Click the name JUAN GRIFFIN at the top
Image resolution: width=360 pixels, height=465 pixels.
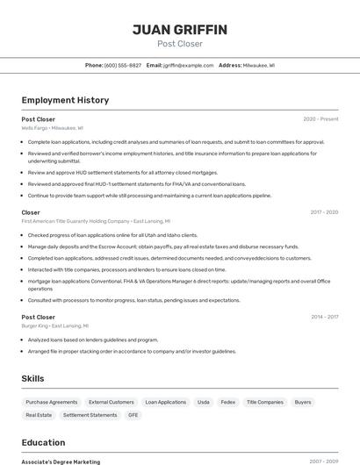click(x=179, y=30)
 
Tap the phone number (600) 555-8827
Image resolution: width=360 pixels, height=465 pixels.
click(x=122, y=65)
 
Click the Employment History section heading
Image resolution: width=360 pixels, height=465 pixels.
click(x=65, y=100)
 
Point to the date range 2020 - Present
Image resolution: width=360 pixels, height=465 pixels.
click(x=320, y=119)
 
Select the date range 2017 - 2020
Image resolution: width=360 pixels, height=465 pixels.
click(x=323, y=212)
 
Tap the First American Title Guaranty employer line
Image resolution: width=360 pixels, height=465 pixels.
click(x=96, y=221)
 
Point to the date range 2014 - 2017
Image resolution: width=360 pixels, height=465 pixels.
click(x=324, y=317)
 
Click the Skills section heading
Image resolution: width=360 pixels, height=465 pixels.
click(x=33, y=378)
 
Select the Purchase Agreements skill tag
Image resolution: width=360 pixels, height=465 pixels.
click(x=51, y=402)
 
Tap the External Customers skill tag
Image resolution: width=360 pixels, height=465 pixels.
click(x=111, y=402)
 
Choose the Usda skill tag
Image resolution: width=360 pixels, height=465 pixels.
click(x=203, y=402)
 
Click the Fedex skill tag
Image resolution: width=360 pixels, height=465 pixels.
click(x=227, y=402)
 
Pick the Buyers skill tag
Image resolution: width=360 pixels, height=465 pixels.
click(x=303, y=402)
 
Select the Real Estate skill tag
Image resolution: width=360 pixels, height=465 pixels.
click(x=39, y=415)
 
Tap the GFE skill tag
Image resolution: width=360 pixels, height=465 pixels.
click(x=133, y=415)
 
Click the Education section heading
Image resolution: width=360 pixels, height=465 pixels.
click(x=43, y=442)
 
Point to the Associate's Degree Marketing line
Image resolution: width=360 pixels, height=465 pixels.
click(x=61, y=461)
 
